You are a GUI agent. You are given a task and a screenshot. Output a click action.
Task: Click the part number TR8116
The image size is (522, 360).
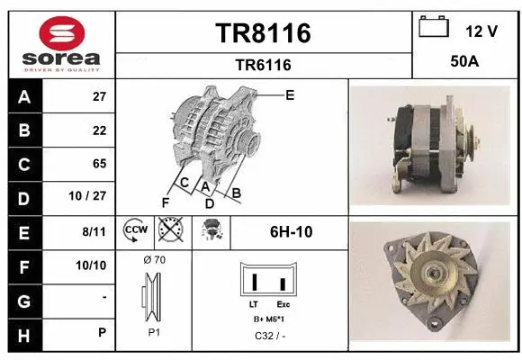[x=264, y=33]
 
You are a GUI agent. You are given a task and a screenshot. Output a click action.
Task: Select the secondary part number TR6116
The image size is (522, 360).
[x=264, y=65]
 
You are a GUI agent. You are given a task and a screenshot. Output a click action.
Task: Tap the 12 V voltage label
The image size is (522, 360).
[x=481, y=31]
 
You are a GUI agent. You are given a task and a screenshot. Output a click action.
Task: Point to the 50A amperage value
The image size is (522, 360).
[x=464, y=64]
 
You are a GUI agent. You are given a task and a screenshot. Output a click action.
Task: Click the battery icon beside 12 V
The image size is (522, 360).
[x=435, y=28]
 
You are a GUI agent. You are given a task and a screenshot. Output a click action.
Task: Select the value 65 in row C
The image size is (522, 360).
[x=99, y=164]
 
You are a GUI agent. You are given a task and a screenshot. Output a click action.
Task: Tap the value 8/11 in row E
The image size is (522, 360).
[x=94, y=231]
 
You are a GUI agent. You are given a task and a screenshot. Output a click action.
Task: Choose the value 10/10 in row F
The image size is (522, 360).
[x=93, y=265]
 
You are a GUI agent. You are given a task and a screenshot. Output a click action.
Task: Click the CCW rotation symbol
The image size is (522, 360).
[x=135, y=231]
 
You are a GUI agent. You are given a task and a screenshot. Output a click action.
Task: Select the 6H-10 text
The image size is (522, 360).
[x=291, y=231]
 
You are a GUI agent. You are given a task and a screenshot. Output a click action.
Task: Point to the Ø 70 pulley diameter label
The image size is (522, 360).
[x=154, y=260]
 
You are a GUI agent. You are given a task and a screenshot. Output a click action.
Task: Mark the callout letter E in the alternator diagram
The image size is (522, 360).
[x=290, y=94]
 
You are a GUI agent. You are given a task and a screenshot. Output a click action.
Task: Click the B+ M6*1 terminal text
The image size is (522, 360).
[x=270, y=319]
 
